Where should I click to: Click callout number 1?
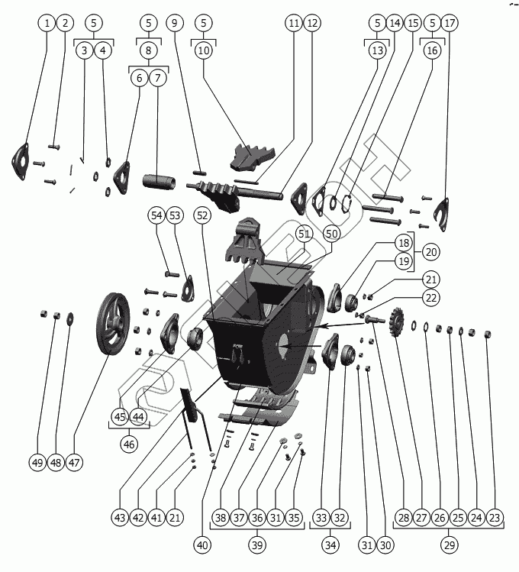pos(47,23)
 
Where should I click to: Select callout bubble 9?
pos(175,23)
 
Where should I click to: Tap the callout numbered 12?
pos(311,23)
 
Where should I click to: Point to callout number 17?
pos(450,23)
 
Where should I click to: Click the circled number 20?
pos(431,251)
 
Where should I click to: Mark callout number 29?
pos(449,546)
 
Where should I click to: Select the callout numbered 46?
pos(129,444)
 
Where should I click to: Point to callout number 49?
pos(38,463)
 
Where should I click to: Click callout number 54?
pos(157,216)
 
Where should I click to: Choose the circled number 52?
pos(202,216)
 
